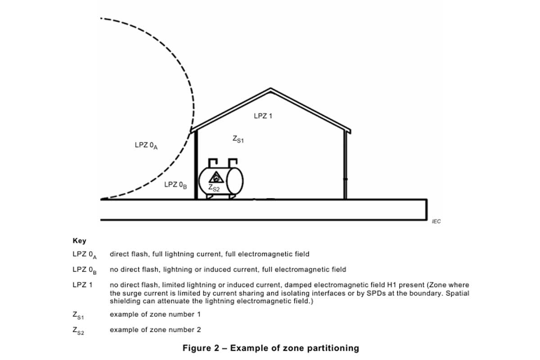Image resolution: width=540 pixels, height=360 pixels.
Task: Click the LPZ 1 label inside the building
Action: (x=263, y=116)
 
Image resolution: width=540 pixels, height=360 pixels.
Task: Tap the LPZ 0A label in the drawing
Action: (x=146, y=145)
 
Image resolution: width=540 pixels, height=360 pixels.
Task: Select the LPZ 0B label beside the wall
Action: (x=175, y=185)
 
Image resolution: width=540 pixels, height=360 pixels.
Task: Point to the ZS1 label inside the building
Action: (x=238, y=139)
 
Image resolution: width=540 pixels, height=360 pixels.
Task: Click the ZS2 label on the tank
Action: (x=214, y=188)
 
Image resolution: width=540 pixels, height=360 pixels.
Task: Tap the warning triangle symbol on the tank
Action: (x=216, y=177)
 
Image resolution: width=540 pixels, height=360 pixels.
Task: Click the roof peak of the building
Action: (x=270, y=89)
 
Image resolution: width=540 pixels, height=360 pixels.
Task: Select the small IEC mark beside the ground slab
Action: (x=436, y=221)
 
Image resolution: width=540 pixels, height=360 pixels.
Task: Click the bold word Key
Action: (x=79, y=241)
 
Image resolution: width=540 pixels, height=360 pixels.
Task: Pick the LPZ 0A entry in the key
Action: (x=85, y=255)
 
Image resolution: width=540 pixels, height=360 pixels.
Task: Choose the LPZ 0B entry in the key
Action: (x=85, y=270)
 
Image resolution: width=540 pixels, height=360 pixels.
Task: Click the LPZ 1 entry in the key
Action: (x=82, y=285)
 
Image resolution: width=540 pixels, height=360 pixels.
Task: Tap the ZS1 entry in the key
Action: (x=78, y=315)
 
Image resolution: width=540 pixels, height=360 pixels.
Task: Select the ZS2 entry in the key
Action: (x=78, y=331)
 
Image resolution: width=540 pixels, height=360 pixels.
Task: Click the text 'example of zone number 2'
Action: (x=155, y=329)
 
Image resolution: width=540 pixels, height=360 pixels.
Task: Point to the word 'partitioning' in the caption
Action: (x=333, y=348)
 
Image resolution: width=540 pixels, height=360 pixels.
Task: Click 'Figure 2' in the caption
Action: (x=201, y=348)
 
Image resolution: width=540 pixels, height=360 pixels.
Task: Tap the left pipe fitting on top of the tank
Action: (x=213, y=163)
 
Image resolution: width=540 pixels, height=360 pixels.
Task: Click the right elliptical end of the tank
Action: (x=234, y=181)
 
